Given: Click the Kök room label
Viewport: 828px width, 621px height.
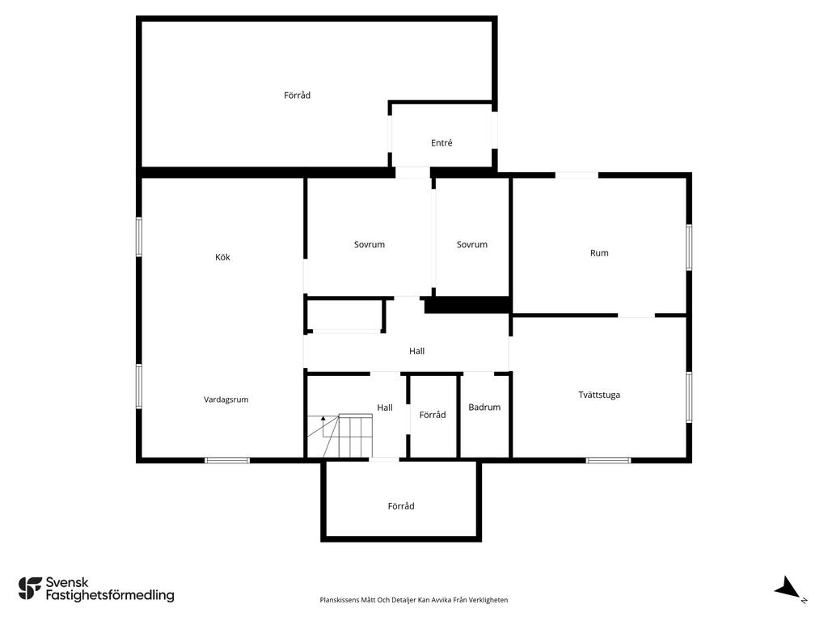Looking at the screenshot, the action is (222, 257).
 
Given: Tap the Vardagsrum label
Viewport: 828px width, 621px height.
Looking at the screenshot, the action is (226, 399).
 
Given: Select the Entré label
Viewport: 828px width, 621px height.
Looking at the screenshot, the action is (441, 142).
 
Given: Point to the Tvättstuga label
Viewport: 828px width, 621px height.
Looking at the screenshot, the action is (599, 395).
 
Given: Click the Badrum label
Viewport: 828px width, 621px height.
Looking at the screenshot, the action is (484, 408).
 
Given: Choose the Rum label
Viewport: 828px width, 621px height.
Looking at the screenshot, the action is (599, 253).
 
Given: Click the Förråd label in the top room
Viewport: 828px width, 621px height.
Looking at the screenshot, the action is (297, 95).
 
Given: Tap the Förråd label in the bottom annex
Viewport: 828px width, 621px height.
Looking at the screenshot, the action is (401, 506).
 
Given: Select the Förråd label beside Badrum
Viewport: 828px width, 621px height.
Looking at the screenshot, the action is (433, 415).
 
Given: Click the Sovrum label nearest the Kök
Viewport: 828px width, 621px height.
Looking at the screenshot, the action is (369, 244).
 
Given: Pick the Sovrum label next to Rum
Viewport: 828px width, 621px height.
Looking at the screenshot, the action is (471, 244).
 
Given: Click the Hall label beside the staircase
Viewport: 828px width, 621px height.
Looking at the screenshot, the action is (384, 408).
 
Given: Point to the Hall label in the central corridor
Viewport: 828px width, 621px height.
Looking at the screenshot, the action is (416, 351).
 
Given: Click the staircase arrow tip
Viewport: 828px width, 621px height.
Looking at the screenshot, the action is (323, 416).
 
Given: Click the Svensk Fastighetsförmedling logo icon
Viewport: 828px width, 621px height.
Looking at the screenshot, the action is (30, 589).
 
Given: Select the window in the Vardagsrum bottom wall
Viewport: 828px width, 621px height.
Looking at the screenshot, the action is (227, 460).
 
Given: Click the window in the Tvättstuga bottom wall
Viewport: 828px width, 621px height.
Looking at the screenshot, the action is (608, 460).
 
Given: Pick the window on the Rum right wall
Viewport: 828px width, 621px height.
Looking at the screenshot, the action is (689, 247).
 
